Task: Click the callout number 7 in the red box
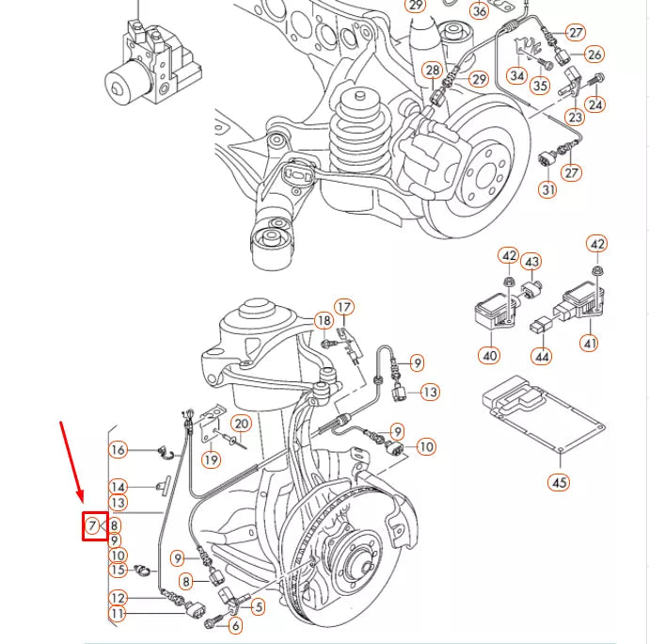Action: tap(93, 525)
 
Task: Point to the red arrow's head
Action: tap(83, 500)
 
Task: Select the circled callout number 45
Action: tap(559, 483)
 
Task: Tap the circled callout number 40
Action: tap(490, 356)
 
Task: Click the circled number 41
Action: tap(590, 344)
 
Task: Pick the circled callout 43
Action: tap(531, 261)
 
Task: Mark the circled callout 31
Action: tap(548, 189)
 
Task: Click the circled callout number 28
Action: tap(432, 71)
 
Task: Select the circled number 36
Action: tap(480, 11)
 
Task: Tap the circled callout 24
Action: tap(594, 105)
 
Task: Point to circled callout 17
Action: tap(344, 307)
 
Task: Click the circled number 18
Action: tap(323, 322)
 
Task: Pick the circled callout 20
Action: tap(241, 424)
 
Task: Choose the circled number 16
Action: tap(118, 450)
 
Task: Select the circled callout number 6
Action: tap(235, 624)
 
